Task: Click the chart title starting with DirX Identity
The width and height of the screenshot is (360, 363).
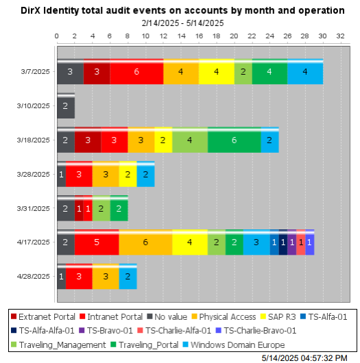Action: (x=182, y=10)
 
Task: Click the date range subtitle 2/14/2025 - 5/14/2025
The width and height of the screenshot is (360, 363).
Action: (x=182, y=23)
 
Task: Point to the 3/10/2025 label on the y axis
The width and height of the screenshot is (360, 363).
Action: (x=34, y=105)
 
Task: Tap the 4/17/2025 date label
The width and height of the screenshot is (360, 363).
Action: (x=34, y=242)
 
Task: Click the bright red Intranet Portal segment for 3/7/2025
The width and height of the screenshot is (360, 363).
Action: (x=136, y=71)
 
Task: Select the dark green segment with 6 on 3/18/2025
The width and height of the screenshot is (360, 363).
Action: (x=234, y=140)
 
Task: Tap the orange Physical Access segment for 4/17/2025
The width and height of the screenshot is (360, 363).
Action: (x=145, y=242)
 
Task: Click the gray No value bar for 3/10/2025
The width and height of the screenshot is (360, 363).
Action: (x=65, y=105)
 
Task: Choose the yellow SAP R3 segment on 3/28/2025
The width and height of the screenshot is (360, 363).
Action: (x=128, y=174)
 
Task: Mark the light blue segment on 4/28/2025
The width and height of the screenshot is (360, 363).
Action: (x=128, y=276)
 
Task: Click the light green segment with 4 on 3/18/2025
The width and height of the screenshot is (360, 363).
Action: (x=189, y=140)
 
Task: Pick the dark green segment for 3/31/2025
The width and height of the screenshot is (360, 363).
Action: (x=119, y=208)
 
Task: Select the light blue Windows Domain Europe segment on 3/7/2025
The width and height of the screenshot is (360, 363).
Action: (x=304, y=71)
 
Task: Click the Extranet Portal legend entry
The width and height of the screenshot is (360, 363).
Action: (x=42, y=316)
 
